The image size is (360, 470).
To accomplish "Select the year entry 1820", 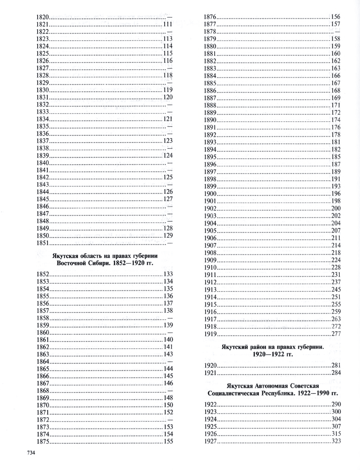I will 43,17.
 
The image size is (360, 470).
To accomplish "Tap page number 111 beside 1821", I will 168,24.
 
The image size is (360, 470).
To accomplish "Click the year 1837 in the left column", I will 43,141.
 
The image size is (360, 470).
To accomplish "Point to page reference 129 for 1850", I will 168,236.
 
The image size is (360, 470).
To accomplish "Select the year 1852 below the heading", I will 43,274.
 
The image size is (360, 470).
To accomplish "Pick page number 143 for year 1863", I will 168,354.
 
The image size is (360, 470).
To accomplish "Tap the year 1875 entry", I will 43,441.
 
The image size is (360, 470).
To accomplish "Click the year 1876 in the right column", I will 210,17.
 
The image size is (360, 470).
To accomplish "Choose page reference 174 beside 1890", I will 336,120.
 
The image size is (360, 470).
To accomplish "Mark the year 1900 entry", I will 210,194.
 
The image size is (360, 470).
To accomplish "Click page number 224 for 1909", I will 336,260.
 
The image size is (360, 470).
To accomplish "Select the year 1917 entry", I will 210,319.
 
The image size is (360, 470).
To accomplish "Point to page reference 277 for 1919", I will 336,334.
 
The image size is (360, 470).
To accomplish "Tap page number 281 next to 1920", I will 336,366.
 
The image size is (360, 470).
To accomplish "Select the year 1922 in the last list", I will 210,404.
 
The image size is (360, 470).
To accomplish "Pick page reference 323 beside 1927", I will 336,441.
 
